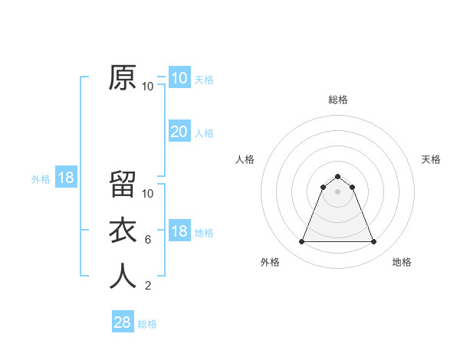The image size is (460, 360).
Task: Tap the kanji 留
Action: (123, 185)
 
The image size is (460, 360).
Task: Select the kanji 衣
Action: (123, 231)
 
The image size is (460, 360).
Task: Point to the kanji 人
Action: (123, 277)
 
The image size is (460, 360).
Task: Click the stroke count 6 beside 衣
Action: (148, 240)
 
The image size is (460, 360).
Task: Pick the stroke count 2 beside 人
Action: (148, 286)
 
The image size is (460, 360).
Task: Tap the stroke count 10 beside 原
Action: (148, 87)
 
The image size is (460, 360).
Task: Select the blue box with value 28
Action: (122, 322)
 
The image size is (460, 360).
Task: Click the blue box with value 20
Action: (179, 132)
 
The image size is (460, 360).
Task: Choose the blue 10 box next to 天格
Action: (179, 78)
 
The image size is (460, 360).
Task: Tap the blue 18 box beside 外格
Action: (66, 178)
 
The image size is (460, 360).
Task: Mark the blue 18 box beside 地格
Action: (179, 231)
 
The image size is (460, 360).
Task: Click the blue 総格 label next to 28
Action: (147, 324)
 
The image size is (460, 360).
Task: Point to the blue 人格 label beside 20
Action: (204, 133)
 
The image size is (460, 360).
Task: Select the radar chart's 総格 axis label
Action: (337, 100)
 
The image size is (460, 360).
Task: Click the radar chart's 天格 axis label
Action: (431, 159)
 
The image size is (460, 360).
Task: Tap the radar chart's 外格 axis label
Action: (270, 262)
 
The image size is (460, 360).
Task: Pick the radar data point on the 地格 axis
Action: (373, 242)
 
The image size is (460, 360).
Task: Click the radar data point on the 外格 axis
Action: (301, 242)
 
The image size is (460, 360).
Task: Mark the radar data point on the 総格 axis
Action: (337, 177)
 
